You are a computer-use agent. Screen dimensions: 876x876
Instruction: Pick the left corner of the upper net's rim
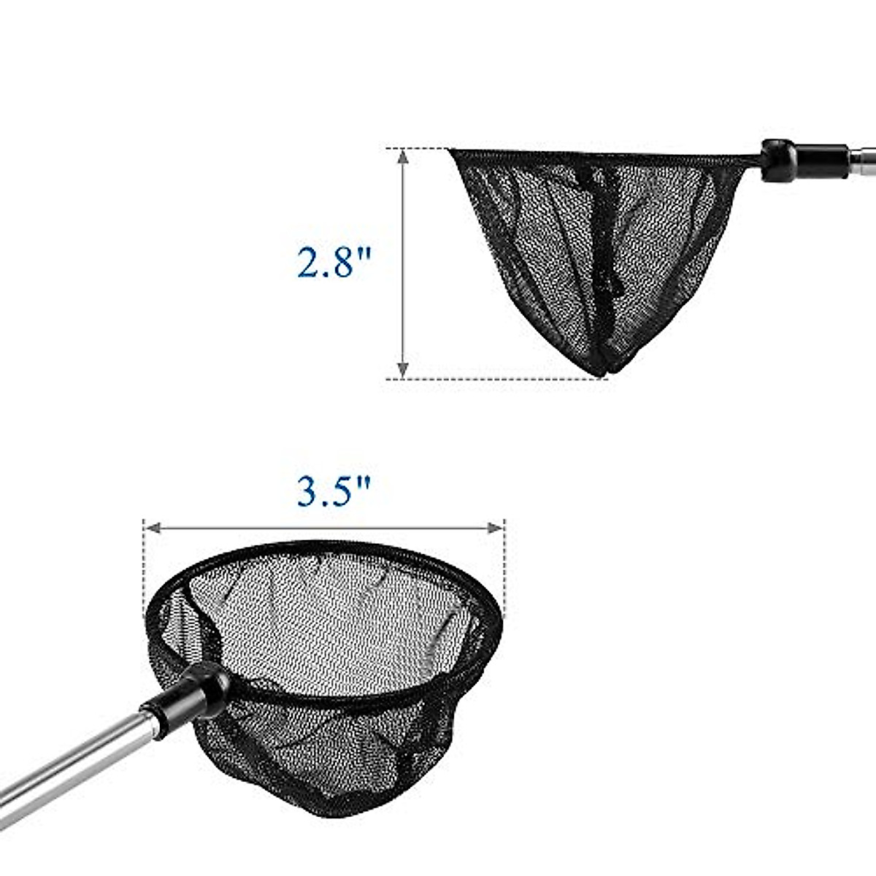pyautogui.click(x=453, y=152)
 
